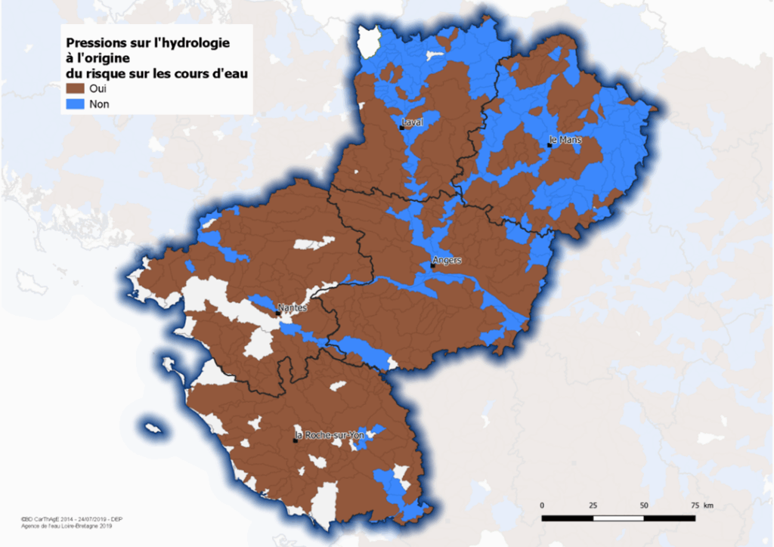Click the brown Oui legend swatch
[x=74, y=89]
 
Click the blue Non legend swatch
[x=74, y=104]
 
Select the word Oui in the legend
[x=98, y=89]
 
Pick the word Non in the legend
[x=99, y=104]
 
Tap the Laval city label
[x=413, y=122]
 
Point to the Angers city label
[x=446, y=261]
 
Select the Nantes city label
[x=291, y=307]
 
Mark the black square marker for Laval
[x=401, y=128]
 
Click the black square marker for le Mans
[x=550, y=144]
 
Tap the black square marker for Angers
[x=432, y=266]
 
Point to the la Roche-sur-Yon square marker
[x=295, y=440]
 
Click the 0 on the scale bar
[x=542, y=505]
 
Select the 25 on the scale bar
[x=593, y=505]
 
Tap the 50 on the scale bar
[x=644, y=505]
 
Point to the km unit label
[x=707, y=505]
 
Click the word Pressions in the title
[x=94, y=43]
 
